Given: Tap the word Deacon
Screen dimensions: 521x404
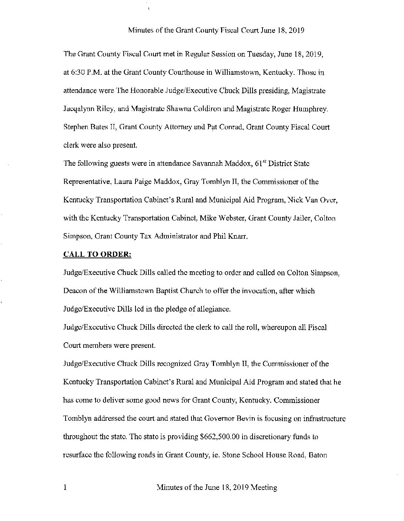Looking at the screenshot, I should pyautogui.click(x=76, y=291).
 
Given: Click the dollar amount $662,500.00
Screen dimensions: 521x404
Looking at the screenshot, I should pyautogui.click(x=220, y=437).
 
